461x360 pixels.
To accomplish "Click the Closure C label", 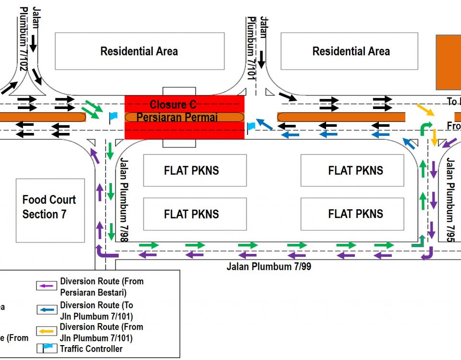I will click(x=172, y=105).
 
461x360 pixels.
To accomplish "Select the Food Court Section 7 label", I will click(x=49, y=207).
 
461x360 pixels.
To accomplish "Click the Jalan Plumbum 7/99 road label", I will click(x=268, y=266).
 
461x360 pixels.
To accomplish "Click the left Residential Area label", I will click(x=139, y=51).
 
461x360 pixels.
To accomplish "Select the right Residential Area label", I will click(x=351, y=51).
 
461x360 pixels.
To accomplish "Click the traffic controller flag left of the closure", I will click(x=112, y=116).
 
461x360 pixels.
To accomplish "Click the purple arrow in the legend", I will click(x=47, y=286).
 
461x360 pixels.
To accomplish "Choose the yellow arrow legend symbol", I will click(x=47, y=331).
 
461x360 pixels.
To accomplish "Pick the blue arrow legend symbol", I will click(x=47, y=310).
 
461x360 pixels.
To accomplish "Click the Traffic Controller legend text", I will click(x=91, y=349).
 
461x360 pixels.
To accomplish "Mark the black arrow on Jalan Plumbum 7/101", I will click(x=261, y=60).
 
